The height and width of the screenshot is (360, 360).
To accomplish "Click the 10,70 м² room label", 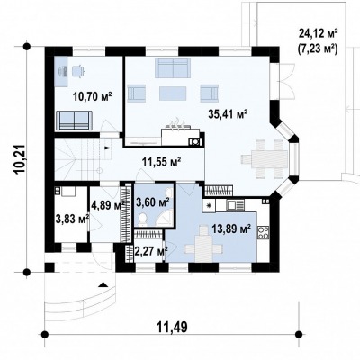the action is pyautogui.click(x=93, y=96).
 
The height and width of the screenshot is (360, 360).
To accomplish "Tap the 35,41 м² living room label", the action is pyautogui.click(x=228, y=114).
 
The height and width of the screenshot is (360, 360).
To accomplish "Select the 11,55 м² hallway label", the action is pyautogui.click(x=161, y=162).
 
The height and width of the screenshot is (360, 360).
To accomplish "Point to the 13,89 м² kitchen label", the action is pyautogui.click(x=231, y=229).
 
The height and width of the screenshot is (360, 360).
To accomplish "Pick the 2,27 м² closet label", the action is pyautogui.click(x=151, y=251).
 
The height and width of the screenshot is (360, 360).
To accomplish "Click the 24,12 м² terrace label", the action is pyautogui.click(x=318, y=33).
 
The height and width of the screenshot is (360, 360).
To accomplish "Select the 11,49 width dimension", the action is pyautogui.click(x=172, y=327).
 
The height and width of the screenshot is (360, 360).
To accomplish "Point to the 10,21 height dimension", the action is pyautogui.click(x=21, y=159).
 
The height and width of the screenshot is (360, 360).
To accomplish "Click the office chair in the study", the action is pyautogui.click(x=78, y=71).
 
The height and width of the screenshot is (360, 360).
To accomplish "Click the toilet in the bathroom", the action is pyautogui.click(x=143, y=220).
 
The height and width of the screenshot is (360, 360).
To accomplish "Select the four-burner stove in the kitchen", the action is pyautogui.click(x=263, y=232).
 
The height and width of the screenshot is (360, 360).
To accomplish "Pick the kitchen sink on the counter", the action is pyautogui.click(x=236, y=205).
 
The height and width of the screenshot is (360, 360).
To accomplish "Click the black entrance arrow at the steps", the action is pyautogui.click(x=103, y=284).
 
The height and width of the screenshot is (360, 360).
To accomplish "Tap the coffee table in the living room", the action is pyautogui.click(x=173, y=94).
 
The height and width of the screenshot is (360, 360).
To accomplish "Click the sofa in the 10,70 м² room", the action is pyautogui.click(x=74, y=121).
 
